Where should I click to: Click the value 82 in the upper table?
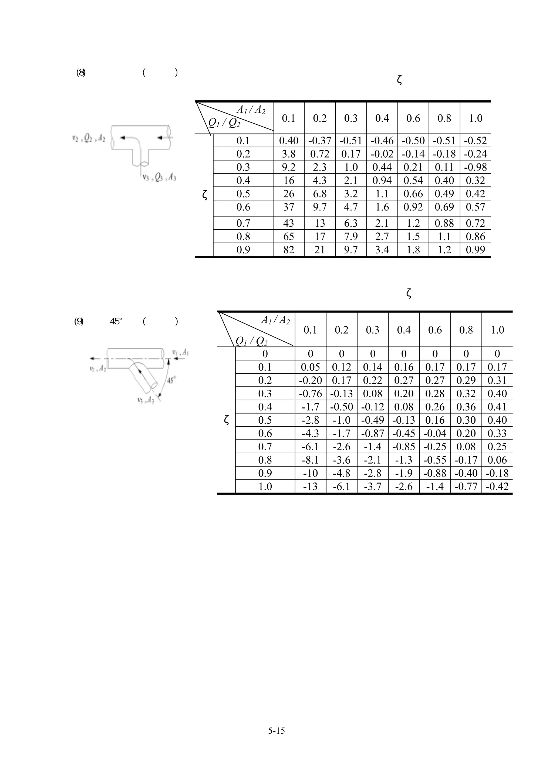click(x=289, y=250)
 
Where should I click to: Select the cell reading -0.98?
click(x=475, y=167)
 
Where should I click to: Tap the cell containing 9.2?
click(x=289, y=167)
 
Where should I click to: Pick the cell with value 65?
click(x=289, y=236)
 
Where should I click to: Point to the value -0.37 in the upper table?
click(x=320, y=140)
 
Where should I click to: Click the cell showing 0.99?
click(x=475, y=250)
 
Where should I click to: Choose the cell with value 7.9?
click(x=350, y=236)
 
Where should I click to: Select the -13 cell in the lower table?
click(x=311, y=486)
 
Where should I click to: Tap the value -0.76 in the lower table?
click(x=311, y=393)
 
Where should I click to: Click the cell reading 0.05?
click(x=311, y=367)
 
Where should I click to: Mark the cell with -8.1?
click(x=311, y=460)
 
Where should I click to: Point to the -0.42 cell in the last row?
click(x=497, y=486)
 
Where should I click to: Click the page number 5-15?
click(x=276, y=730)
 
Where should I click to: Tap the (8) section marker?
click(x=81, y=73)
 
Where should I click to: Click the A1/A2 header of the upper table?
click(x=251, y=110)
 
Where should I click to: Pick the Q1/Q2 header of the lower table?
click(x=251, y=341)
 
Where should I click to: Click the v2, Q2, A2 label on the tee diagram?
click(x=89, y=138)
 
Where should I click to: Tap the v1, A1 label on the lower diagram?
click(x=180, y=352)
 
